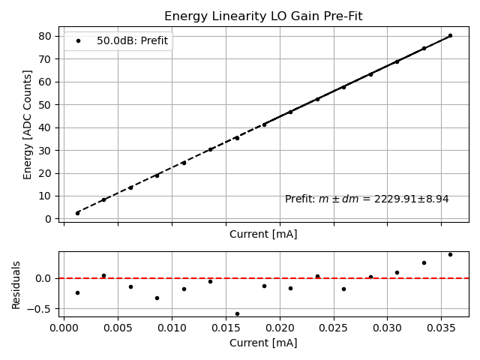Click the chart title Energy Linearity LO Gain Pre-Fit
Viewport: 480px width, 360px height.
(262, 16)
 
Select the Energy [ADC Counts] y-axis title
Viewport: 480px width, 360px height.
(28, 124)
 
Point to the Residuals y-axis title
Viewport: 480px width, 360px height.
(17, 284)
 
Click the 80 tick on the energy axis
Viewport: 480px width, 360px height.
(46, 36)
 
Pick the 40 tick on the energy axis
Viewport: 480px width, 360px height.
(46, 127)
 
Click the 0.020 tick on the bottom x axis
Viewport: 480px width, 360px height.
(280, 328)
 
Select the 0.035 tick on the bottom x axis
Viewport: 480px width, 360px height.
(441, 328)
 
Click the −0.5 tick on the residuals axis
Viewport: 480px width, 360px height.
(43, 309)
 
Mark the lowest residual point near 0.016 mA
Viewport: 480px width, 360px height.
(237, 313)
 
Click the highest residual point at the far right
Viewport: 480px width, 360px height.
(450, 254)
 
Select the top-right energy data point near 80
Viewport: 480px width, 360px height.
(450, 35)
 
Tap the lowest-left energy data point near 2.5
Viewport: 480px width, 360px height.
(77, 213)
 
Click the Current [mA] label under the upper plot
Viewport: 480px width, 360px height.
(263, 234)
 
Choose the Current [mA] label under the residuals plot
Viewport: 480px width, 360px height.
(263, 343)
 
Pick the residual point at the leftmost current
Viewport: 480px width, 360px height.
(77, 292)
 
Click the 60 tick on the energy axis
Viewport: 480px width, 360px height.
(46, 82)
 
